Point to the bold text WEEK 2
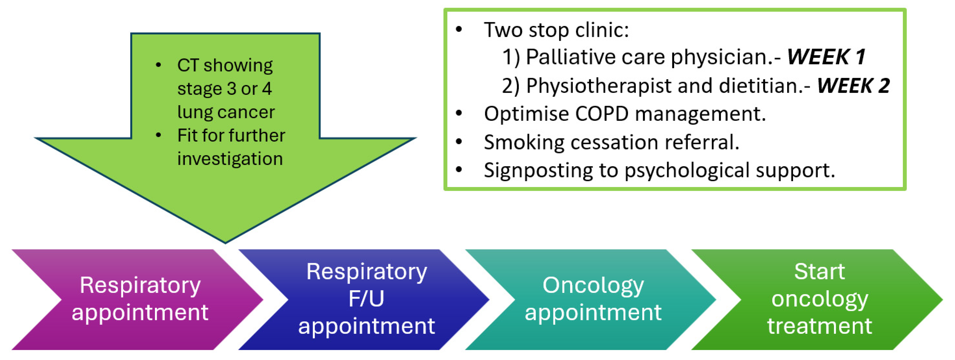(853, 86)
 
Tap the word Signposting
(538, 171)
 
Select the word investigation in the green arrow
(230, 159)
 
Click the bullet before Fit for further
(158, 135)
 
